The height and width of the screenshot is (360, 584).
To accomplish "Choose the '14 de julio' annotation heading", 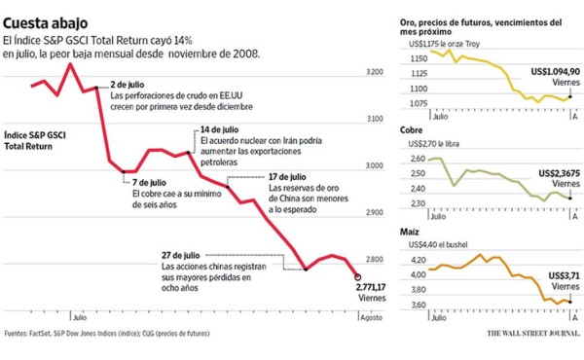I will point(219,130).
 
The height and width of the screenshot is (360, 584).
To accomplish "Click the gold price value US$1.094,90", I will point(554,72).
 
